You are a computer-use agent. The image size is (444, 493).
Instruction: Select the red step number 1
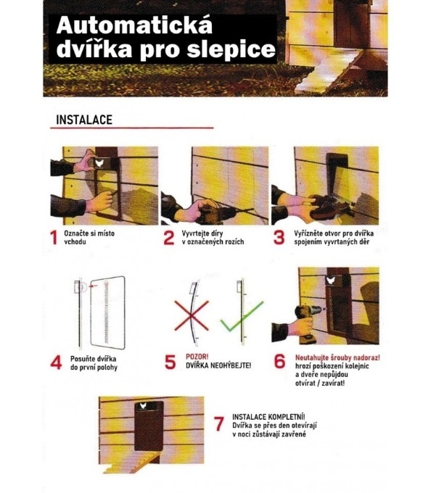54,239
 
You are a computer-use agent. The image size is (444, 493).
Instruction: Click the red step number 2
169,239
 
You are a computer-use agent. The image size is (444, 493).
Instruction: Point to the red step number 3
279,239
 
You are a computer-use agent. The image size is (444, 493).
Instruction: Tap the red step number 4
55,362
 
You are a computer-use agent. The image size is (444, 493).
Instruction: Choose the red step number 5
170,362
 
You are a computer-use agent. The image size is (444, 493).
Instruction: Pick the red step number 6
279,362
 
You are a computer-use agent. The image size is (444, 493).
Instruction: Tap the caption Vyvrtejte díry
208,233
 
